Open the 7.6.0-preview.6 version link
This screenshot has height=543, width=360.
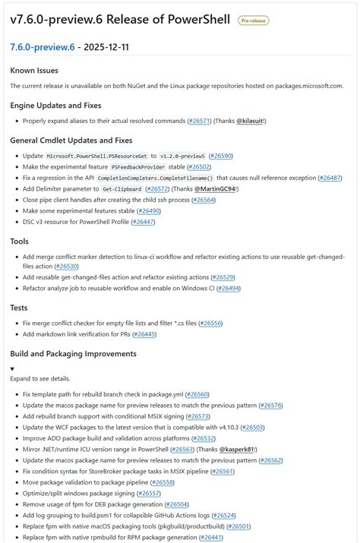(43, 47)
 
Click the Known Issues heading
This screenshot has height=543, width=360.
(34, 71)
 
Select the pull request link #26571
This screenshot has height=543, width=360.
(200, 121)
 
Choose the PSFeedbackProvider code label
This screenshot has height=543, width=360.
(138, 167)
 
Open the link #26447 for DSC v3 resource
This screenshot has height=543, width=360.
(143, 222)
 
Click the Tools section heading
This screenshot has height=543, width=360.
(20, 241)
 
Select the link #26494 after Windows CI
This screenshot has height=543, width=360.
(229, 289)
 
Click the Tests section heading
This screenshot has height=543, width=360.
(19, 308)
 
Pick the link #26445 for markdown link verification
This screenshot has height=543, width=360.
(144, 334)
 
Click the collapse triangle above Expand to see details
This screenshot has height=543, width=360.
(13, 368)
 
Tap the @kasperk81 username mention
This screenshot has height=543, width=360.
(238, 449)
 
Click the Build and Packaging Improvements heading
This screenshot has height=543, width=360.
(73, 353)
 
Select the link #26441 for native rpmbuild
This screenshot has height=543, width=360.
(212, 537)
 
